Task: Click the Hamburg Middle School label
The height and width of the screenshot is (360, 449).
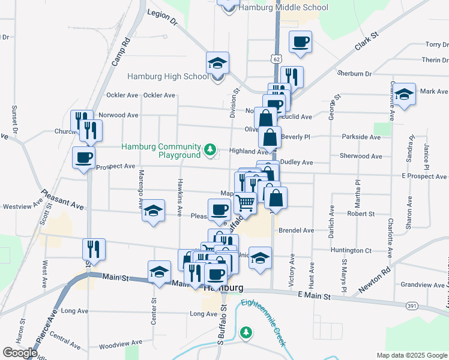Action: coord(283,8)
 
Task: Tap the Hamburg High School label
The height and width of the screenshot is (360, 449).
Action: coord(168,76)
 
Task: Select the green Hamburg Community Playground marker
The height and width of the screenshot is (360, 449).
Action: coord(210,149)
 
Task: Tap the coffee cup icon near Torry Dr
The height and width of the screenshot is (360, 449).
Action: coord(300,43)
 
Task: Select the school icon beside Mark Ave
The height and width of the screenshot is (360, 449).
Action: coord(405,94)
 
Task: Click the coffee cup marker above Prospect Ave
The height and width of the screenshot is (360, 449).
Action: coord(83,158)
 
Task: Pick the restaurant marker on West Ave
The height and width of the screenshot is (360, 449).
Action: coord(94,247)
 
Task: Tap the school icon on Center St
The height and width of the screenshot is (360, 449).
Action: coord(159,272)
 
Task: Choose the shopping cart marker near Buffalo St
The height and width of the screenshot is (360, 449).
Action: coord(245,203)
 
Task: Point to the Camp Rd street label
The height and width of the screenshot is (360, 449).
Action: coord(121,51)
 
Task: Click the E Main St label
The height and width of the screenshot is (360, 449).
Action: coord(314,296)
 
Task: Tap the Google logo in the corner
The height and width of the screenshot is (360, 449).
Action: coord(20,353)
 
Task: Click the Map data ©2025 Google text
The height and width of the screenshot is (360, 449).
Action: coord(411,355)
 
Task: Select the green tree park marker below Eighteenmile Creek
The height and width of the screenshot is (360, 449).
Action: coord(246,332)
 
